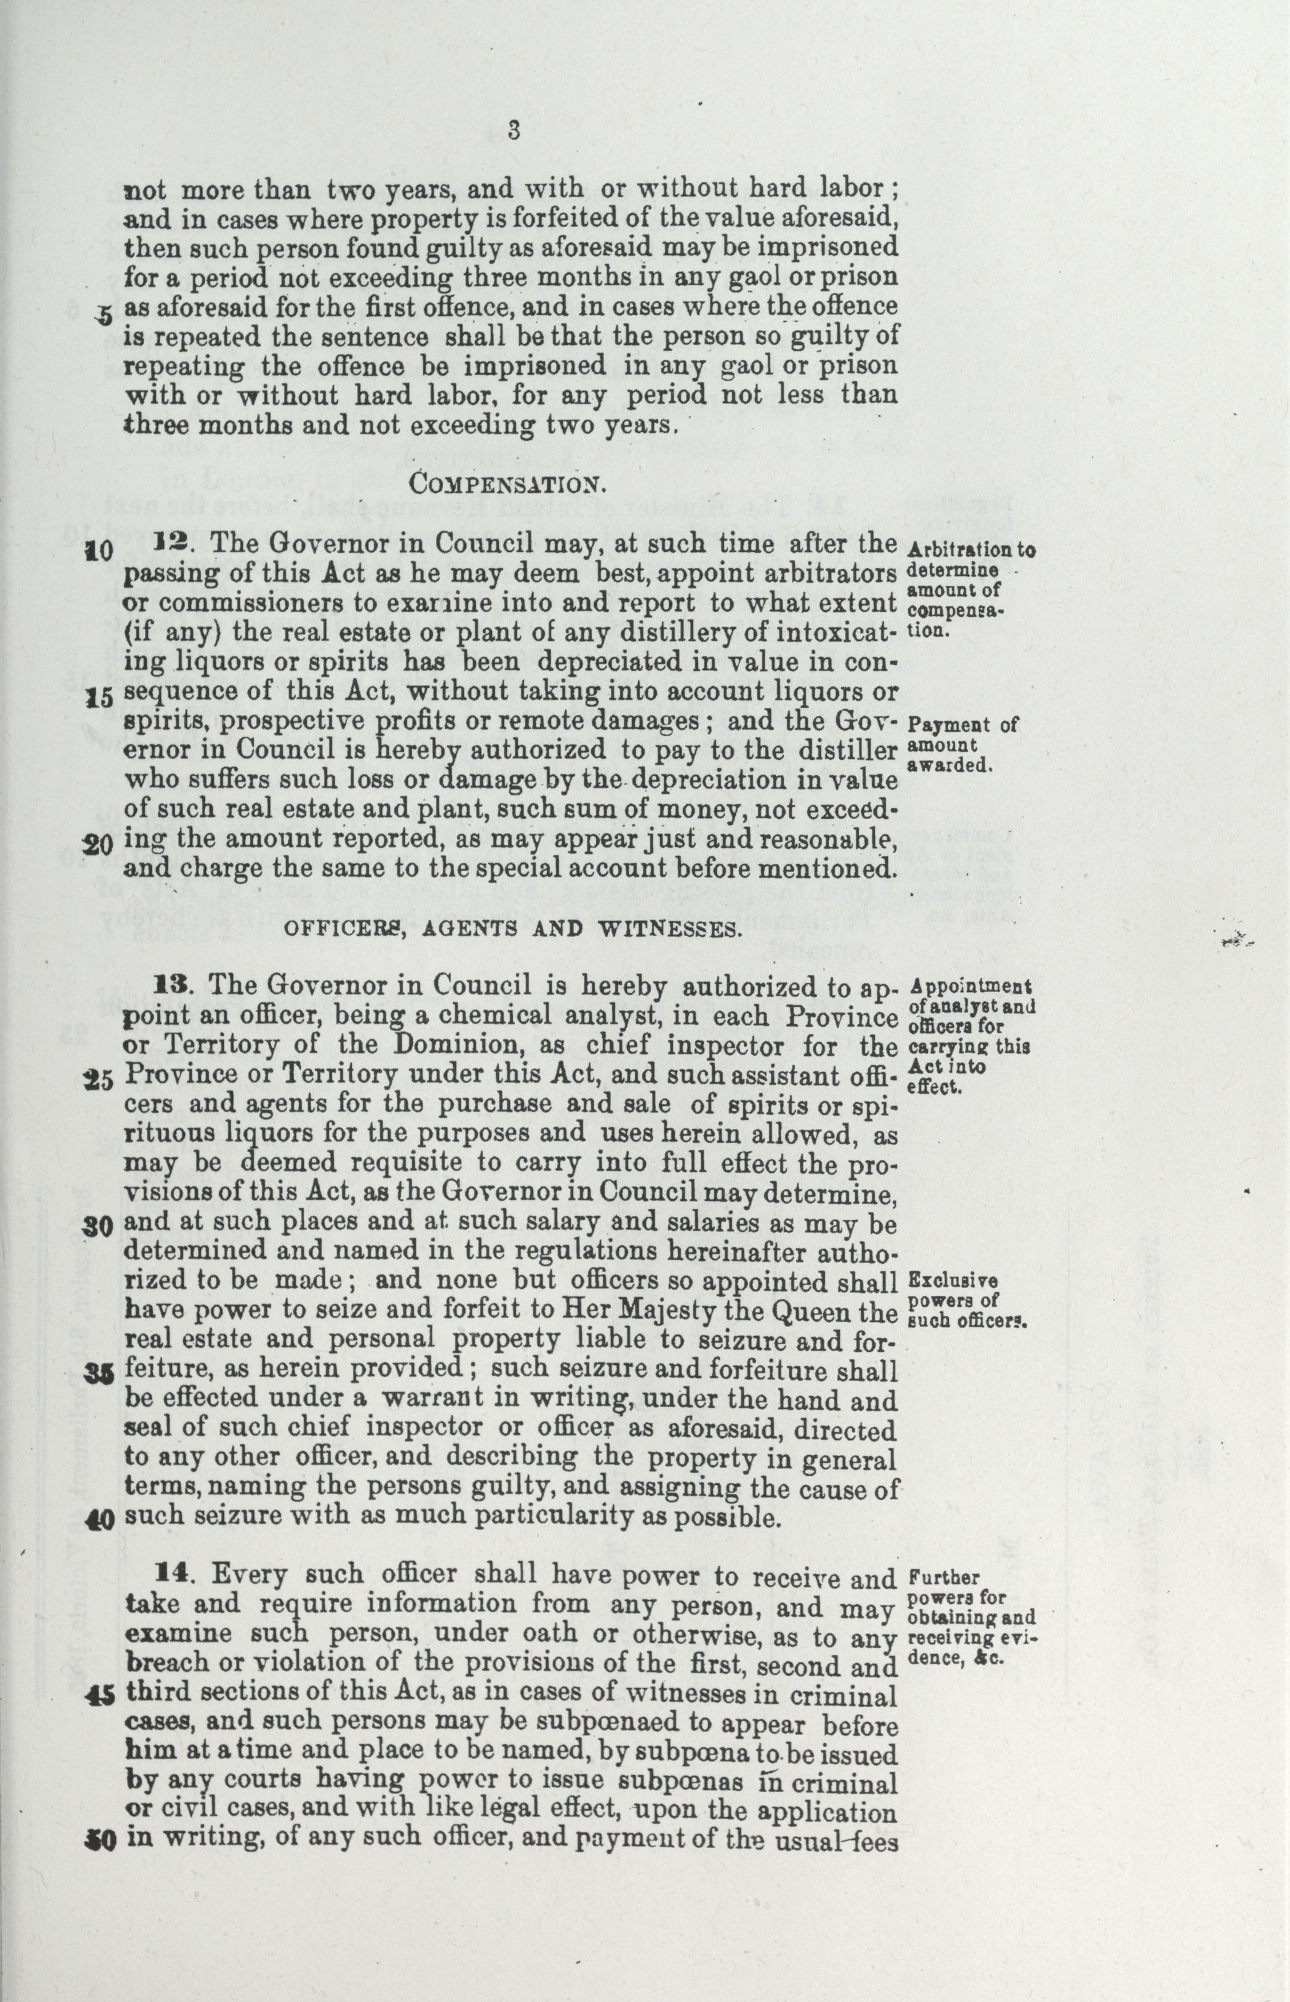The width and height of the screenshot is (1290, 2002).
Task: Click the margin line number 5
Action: pyautogui.click(x=104, y=316)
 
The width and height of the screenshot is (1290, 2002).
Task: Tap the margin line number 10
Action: pyautogui.click(x=100, y=552)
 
